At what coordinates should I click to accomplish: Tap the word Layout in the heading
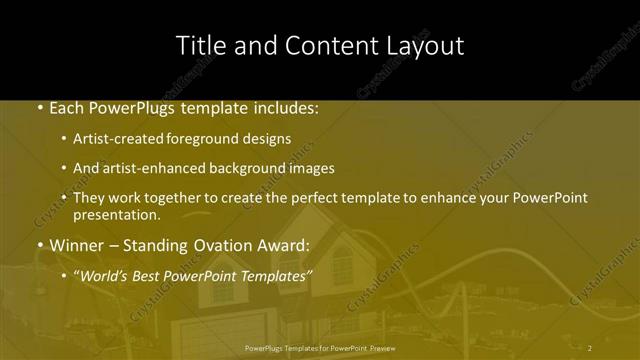pos(427,46)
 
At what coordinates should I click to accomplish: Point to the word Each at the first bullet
pos(68,107)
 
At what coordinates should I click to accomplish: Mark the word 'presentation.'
pos(116,214)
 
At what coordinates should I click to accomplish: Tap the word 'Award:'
pos(289,244)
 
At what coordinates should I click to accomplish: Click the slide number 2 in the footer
pos(589,348)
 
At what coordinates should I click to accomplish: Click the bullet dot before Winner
pos(40,245)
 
